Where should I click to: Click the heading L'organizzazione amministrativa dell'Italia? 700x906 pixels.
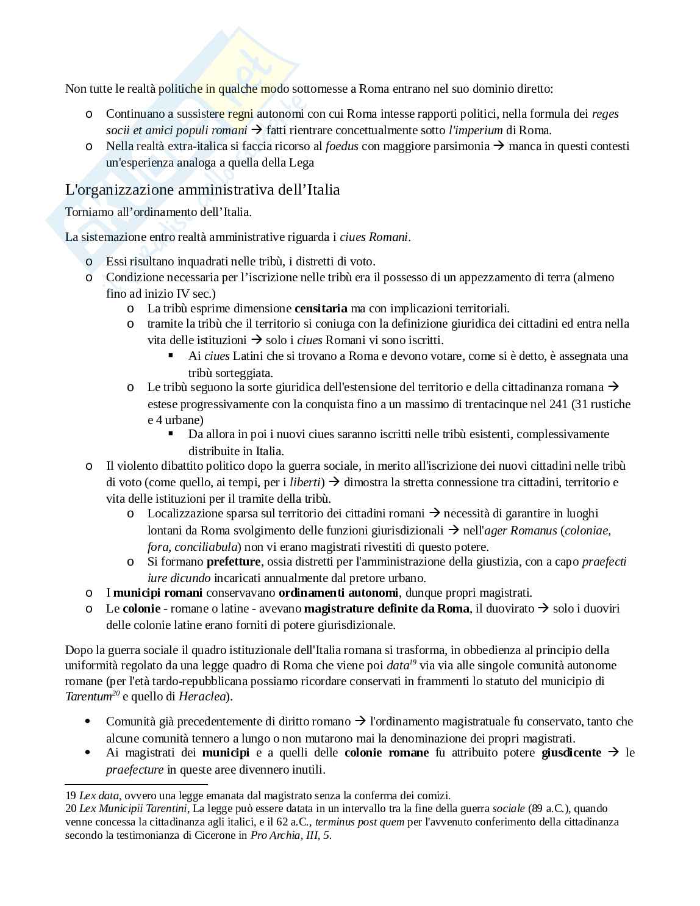202,190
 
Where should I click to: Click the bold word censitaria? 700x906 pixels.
321,308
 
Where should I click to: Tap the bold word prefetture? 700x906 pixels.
234,561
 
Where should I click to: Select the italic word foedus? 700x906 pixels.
341,146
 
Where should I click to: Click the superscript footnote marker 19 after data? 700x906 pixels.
413,662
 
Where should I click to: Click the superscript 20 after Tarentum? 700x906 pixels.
116,693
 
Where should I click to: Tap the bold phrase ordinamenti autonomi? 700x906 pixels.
338,592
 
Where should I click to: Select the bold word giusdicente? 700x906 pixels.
571,752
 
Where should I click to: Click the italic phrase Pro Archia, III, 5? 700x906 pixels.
290,835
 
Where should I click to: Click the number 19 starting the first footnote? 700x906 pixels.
70,796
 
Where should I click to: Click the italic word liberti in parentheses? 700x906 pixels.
305,482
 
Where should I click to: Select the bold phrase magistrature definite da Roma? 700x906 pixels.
387,608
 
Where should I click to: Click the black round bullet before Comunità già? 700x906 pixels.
90,721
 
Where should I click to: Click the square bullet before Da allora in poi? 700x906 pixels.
171,434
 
